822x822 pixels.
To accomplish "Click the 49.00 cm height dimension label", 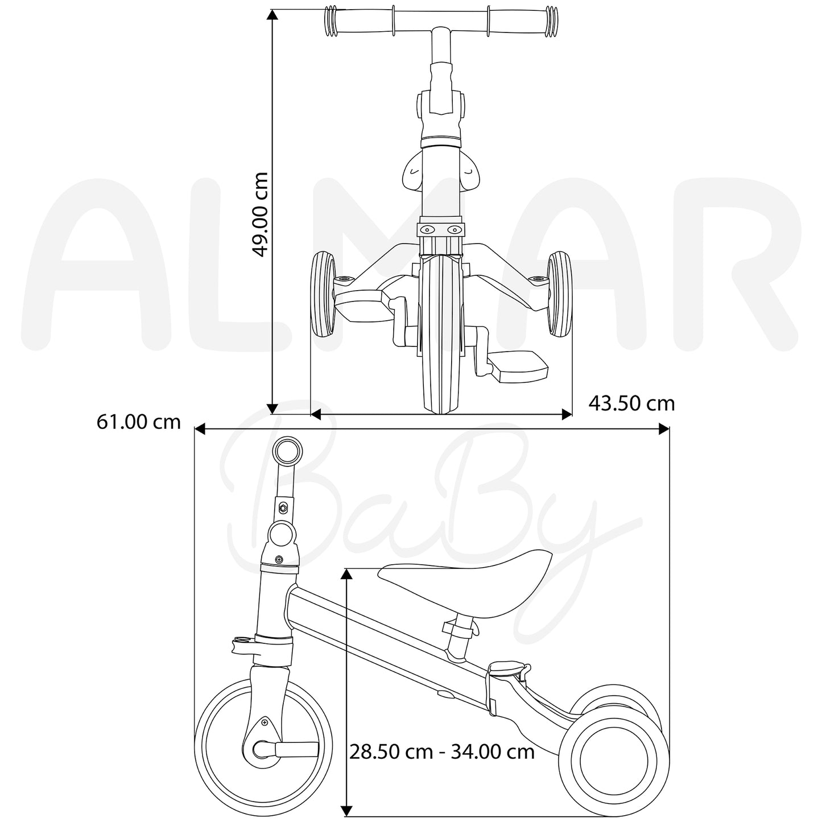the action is [260, 214].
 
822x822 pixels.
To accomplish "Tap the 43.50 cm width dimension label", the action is [631, 403].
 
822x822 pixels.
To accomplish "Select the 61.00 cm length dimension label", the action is [139, 422].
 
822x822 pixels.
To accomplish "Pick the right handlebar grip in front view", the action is [551, 22].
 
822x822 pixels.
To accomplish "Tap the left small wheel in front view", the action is [324, 294].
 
